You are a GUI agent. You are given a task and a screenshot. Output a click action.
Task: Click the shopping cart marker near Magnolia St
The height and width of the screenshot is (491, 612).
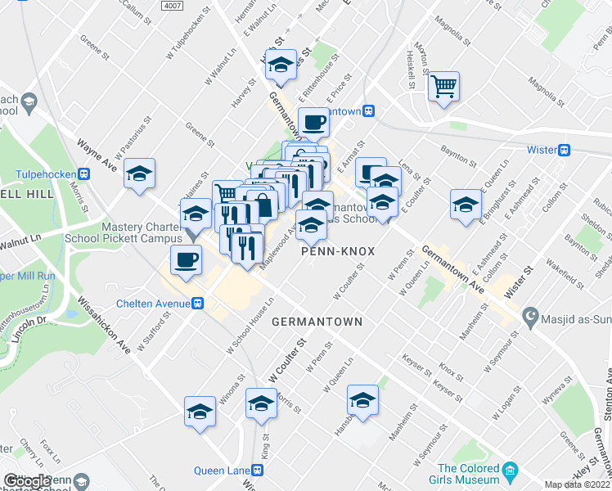point(443,85)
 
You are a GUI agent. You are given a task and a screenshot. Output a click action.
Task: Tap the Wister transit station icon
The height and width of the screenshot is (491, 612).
point(564,150)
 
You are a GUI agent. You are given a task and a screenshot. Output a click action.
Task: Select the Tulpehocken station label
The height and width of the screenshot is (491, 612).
point(47,173)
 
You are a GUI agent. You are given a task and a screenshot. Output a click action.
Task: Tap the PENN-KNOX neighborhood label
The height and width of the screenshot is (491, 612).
point(338,251)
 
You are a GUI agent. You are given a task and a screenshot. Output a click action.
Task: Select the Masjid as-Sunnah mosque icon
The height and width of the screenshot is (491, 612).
point(529,315)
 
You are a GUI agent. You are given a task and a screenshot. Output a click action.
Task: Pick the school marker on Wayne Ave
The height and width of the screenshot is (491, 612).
point(140,173)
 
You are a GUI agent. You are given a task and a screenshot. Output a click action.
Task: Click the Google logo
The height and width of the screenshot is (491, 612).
point(27,480)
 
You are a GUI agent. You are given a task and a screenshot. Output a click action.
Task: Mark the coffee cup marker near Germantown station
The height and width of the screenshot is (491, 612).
point(314,123)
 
